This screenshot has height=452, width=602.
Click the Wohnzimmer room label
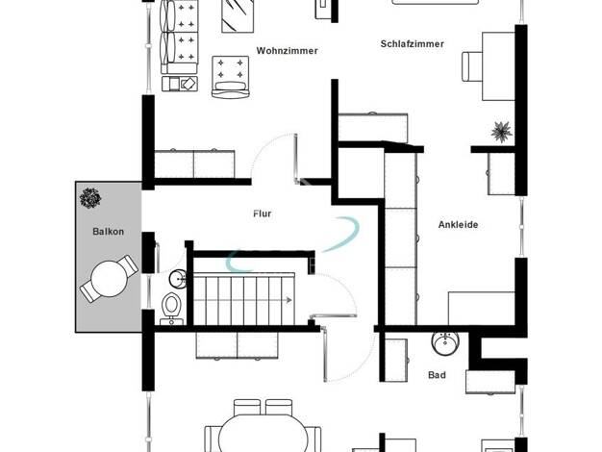point(287,51)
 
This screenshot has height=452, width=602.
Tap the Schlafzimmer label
point(412,44)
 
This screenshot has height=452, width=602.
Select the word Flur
point(263,213)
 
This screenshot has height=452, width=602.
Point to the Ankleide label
point(458,225)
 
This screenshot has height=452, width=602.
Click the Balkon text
point(109,232)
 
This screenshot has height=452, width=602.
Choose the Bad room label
point(437,375)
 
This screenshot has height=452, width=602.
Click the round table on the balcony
point(109,279)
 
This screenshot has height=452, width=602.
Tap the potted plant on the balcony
point(90,198)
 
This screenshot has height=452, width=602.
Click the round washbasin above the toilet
point(178,279)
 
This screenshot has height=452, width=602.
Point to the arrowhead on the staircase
point(288,300)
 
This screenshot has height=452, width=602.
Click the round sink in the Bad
point(445,342)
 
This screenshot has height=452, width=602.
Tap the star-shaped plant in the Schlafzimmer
point(501,132)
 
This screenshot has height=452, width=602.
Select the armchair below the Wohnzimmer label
point(231,77)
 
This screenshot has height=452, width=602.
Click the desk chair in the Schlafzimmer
point(472,66)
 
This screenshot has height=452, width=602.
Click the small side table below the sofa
point(180,84)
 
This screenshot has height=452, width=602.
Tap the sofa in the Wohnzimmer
point(180,37)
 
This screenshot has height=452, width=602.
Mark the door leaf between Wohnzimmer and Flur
point(295,159)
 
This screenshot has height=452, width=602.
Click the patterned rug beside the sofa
point(238,16)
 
